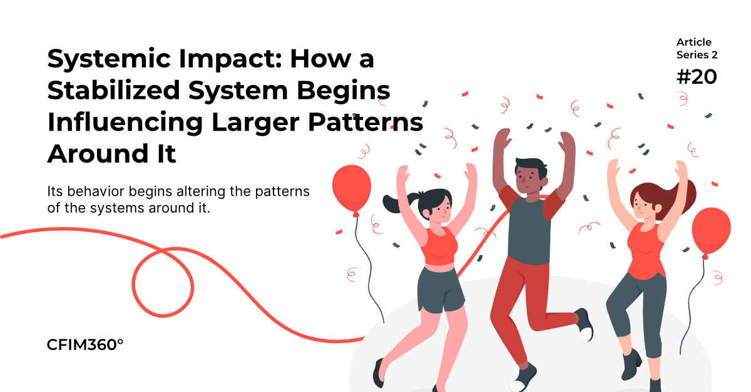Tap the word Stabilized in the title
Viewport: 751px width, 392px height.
pos(114,91)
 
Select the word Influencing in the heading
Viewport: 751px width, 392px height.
pos(125,123)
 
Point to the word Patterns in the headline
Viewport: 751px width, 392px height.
pos(365,122)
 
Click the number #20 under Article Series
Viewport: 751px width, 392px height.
pos(697,77)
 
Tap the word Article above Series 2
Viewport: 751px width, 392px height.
pos(693,43)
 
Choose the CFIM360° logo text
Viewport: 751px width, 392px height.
pos(85,344)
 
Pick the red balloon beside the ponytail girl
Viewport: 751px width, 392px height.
pos(352,190)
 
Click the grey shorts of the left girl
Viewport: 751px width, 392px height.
pos(440,290)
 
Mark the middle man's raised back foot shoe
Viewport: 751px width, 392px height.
pos(585,324)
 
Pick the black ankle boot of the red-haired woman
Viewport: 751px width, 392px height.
pos(631,364)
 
